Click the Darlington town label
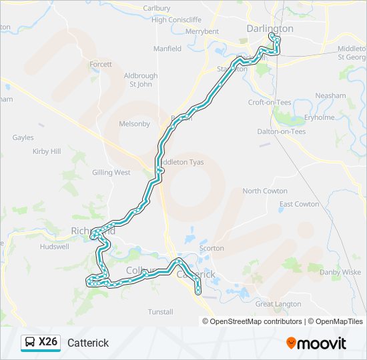pyautogui.click(x=270, y=29)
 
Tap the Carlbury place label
pyautogui.click(x=157, y=8)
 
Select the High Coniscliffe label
pyautogui.click(x=176, y=19)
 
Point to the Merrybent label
pyautogui.click(x=202, y=31)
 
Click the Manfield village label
pyautogui.click(x=167, y=49)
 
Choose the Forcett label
pyautogui.click(x=101, y=64)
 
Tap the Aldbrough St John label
pyautogui.click(x=141, y=80)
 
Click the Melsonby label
pyautogui.click(x=134, y=123)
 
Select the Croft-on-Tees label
pyautogui.click(x=270, y=103)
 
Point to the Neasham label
pyautogui.click(x=330, y=95)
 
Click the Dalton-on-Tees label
pyautogui.click(x=281, y=131)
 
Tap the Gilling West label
pyautogui.click(x=111, y=172)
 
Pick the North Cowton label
pyautogui.click(x=265, y=191)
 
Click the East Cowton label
pyautogui.click(x=299, y=204)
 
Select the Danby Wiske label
pyautogui.click(x=340, y=272)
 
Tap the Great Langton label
pyautogui.click(x=278, y=304)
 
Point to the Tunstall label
pyautogui.click(x=160, y=311)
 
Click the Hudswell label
pyautogui.click(x=55, y=246)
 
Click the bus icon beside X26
pyautogui.click(x=30, y=343)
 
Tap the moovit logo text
pyautogui.click(x=322, y=343)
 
